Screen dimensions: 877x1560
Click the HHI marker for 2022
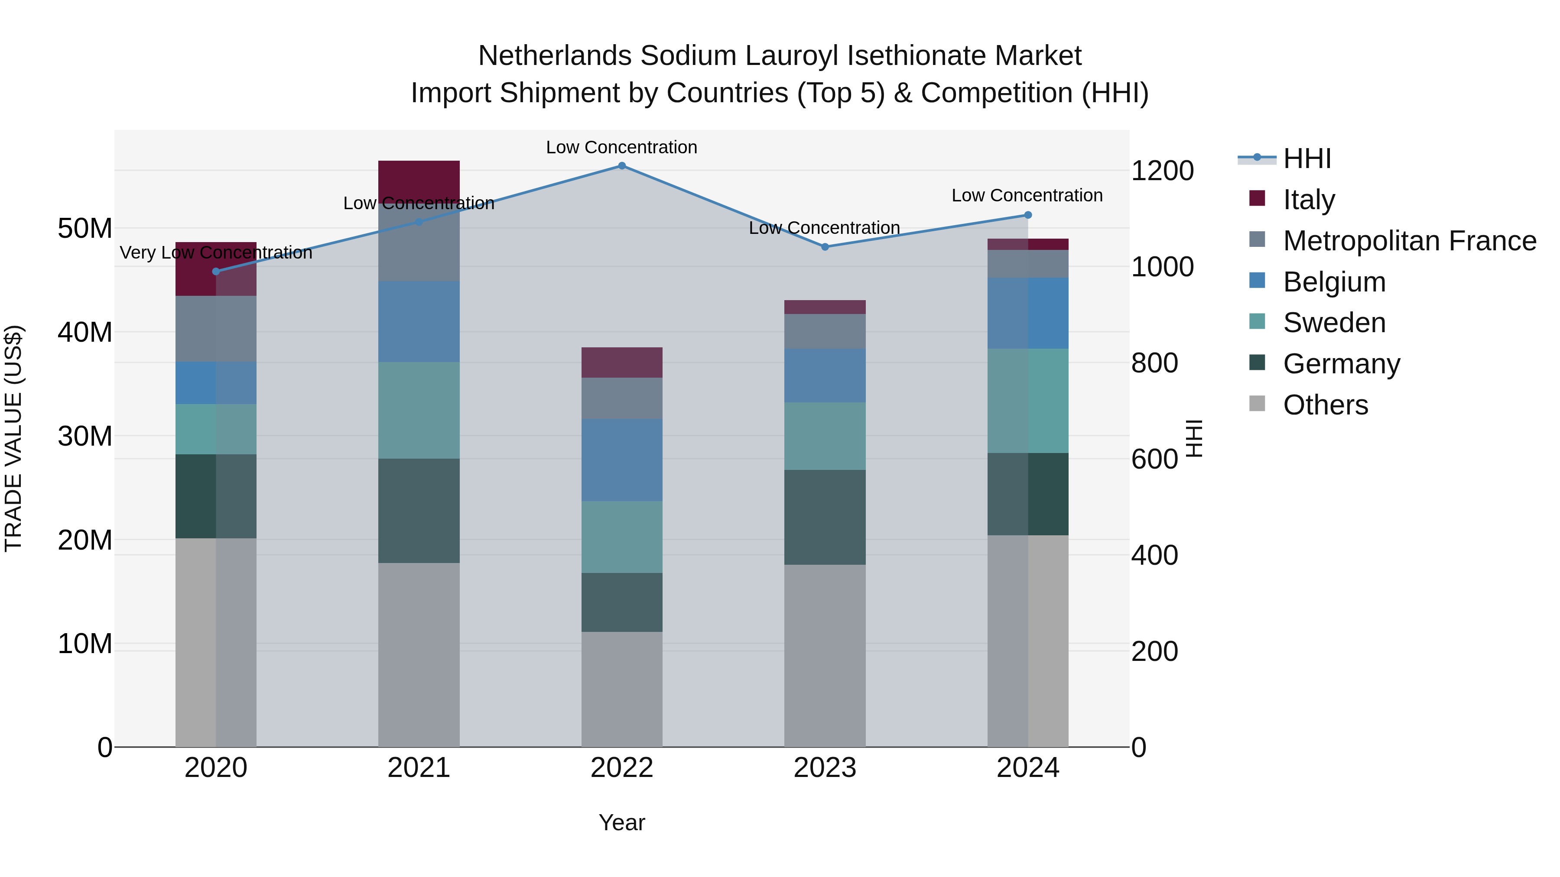621,165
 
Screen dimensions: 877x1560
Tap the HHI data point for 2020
216,271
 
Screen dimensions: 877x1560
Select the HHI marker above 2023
824,247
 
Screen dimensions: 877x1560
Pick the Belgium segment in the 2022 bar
621,460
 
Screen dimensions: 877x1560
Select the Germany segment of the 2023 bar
824,518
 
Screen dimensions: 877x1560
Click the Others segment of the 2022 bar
621,689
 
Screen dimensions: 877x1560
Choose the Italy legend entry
1308,199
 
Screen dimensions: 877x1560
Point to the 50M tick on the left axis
85,228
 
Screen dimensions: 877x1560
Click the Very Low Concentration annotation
216,252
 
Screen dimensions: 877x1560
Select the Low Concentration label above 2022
621,147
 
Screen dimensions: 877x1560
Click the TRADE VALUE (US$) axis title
13,438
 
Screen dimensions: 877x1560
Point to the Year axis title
621,822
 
